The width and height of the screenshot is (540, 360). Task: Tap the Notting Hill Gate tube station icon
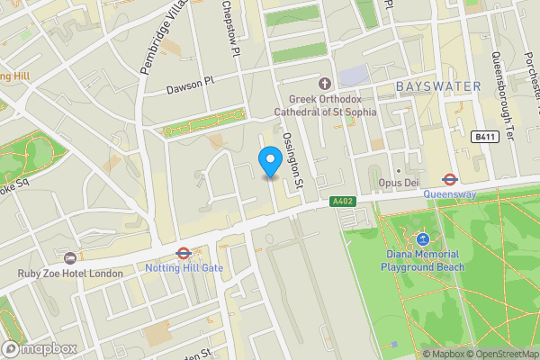coord(183,254)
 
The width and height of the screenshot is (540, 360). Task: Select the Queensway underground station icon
coord(447,178)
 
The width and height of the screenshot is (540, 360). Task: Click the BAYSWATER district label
coord(438,86)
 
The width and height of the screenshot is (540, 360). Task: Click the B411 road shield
coord(484,136)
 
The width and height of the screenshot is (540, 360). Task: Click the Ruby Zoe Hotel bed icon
coord(69,258)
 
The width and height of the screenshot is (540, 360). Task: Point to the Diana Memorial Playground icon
coord(422,239)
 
